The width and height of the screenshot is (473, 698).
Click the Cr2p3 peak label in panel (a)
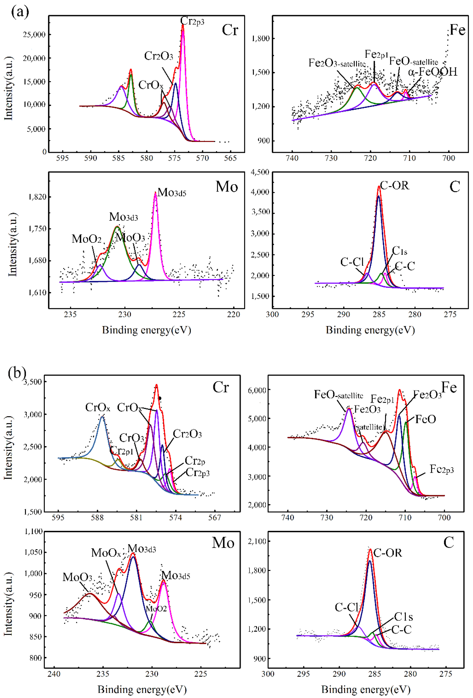(x=192, y=21)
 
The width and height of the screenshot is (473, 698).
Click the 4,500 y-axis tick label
(x=260, y=172)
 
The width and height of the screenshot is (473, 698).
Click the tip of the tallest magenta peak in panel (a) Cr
(x=183, y=25)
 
